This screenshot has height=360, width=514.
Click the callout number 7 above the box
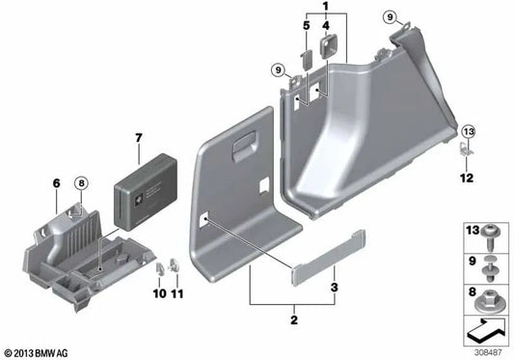139,138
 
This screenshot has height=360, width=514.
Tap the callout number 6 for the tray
56,183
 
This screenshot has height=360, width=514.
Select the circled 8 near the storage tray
81,182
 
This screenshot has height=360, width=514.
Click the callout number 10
160,293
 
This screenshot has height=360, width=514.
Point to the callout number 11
177,293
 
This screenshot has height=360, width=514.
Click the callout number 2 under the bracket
294,319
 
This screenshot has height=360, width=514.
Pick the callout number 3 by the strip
334,288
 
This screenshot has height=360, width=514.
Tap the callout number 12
467,178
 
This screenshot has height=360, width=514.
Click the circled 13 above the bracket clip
469,131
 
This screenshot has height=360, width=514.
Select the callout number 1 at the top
326,6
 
